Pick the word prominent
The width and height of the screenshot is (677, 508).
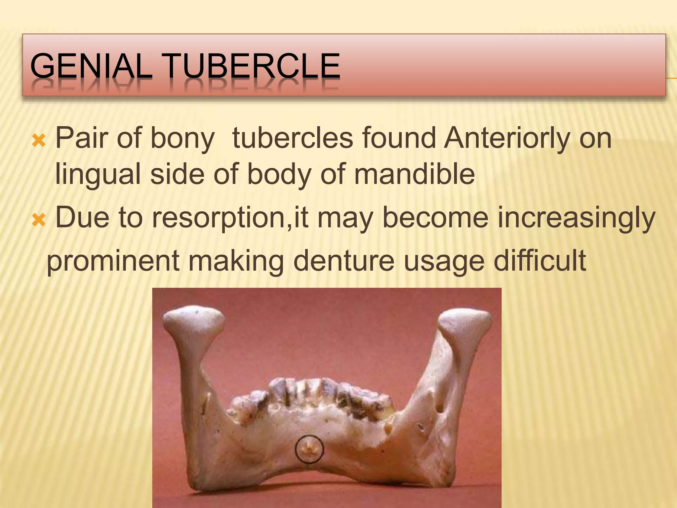pos(113,261)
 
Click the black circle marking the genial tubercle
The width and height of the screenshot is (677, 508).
pos(309,448)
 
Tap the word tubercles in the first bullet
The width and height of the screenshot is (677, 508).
pos(293,138)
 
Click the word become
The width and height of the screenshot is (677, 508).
pos(435,218)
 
